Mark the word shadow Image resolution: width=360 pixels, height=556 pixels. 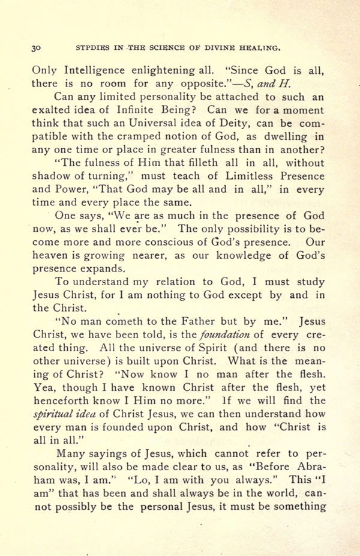(x=50, y=176)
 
